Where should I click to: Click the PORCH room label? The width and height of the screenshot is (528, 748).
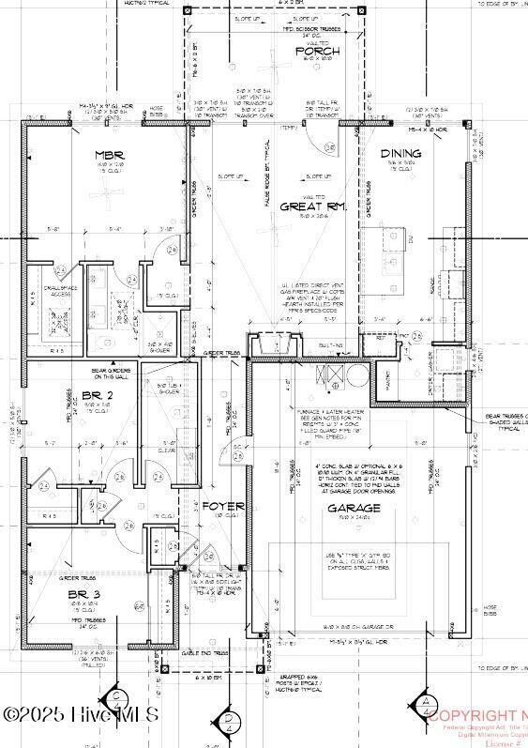(316, 52)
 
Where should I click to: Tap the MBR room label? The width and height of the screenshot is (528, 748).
(110, 154)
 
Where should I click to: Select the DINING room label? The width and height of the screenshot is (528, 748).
(400, 153)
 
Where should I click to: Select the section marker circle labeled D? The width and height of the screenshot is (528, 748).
(228, 720)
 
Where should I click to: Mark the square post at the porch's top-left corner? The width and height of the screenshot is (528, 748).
(186, 10)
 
